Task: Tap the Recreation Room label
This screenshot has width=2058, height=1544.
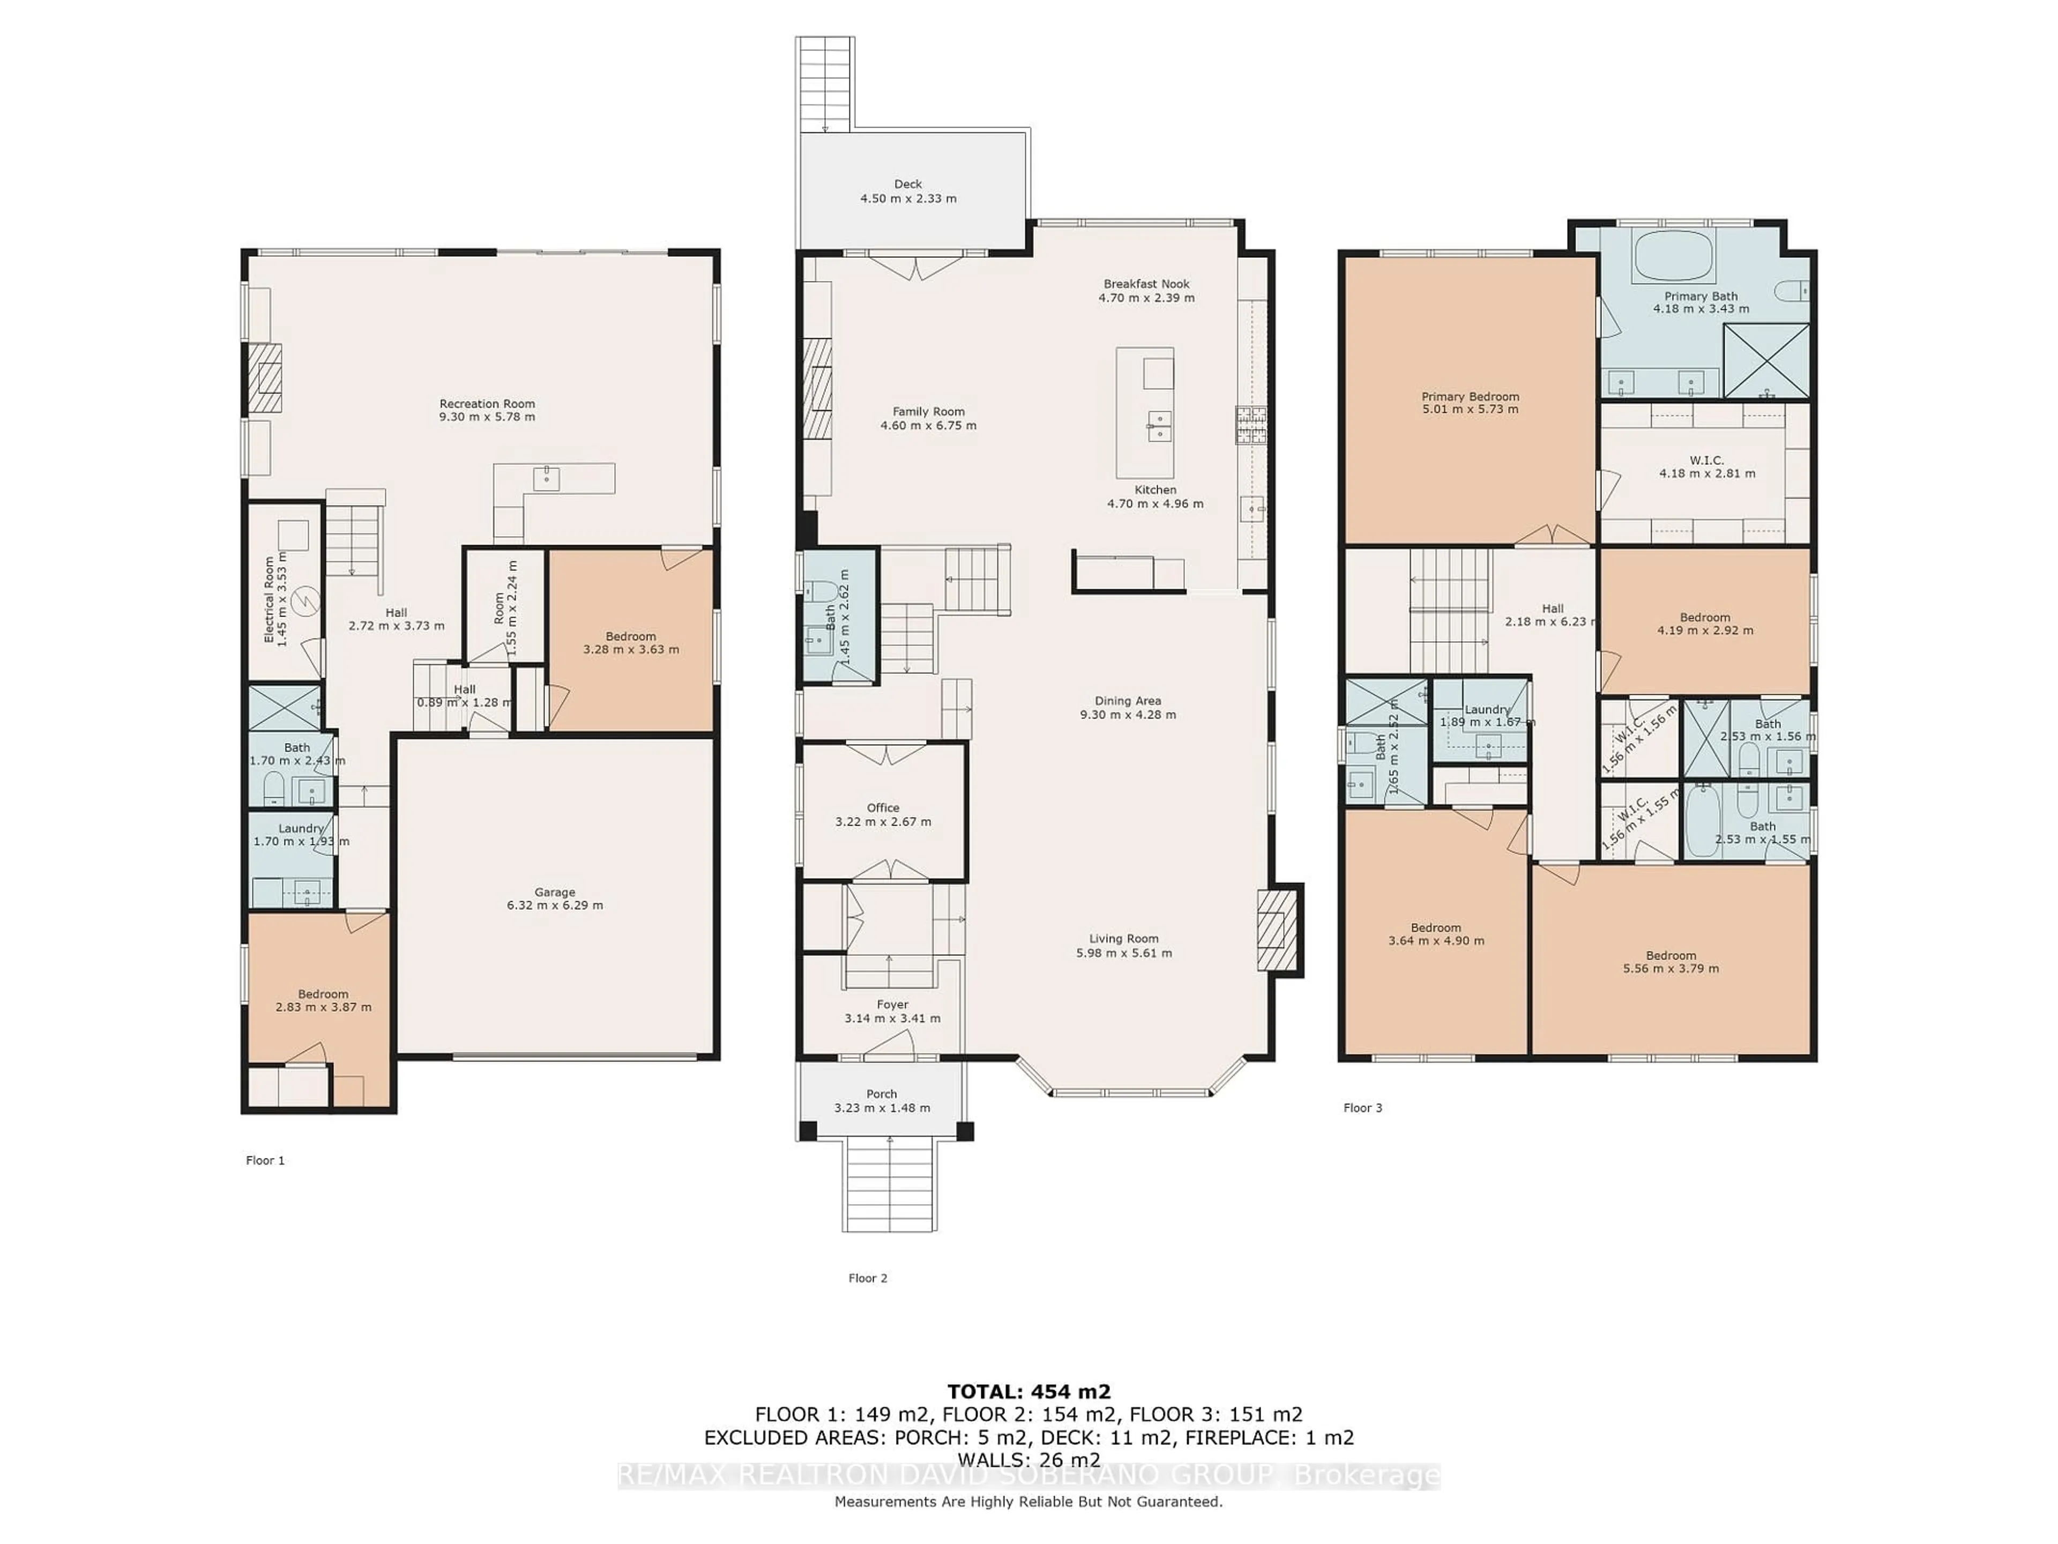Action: [x=487, y=404]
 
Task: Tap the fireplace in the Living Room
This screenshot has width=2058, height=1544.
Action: [x=1277, y=931]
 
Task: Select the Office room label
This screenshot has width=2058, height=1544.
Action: [x=883, y=808]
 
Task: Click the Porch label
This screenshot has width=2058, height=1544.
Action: [x=881, y=1095]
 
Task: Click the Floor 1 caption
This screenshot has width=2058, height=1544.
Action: [x=265, y=1161]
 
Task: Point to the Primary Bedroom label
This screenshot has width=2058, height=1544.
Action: [x=1470, y=397]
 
